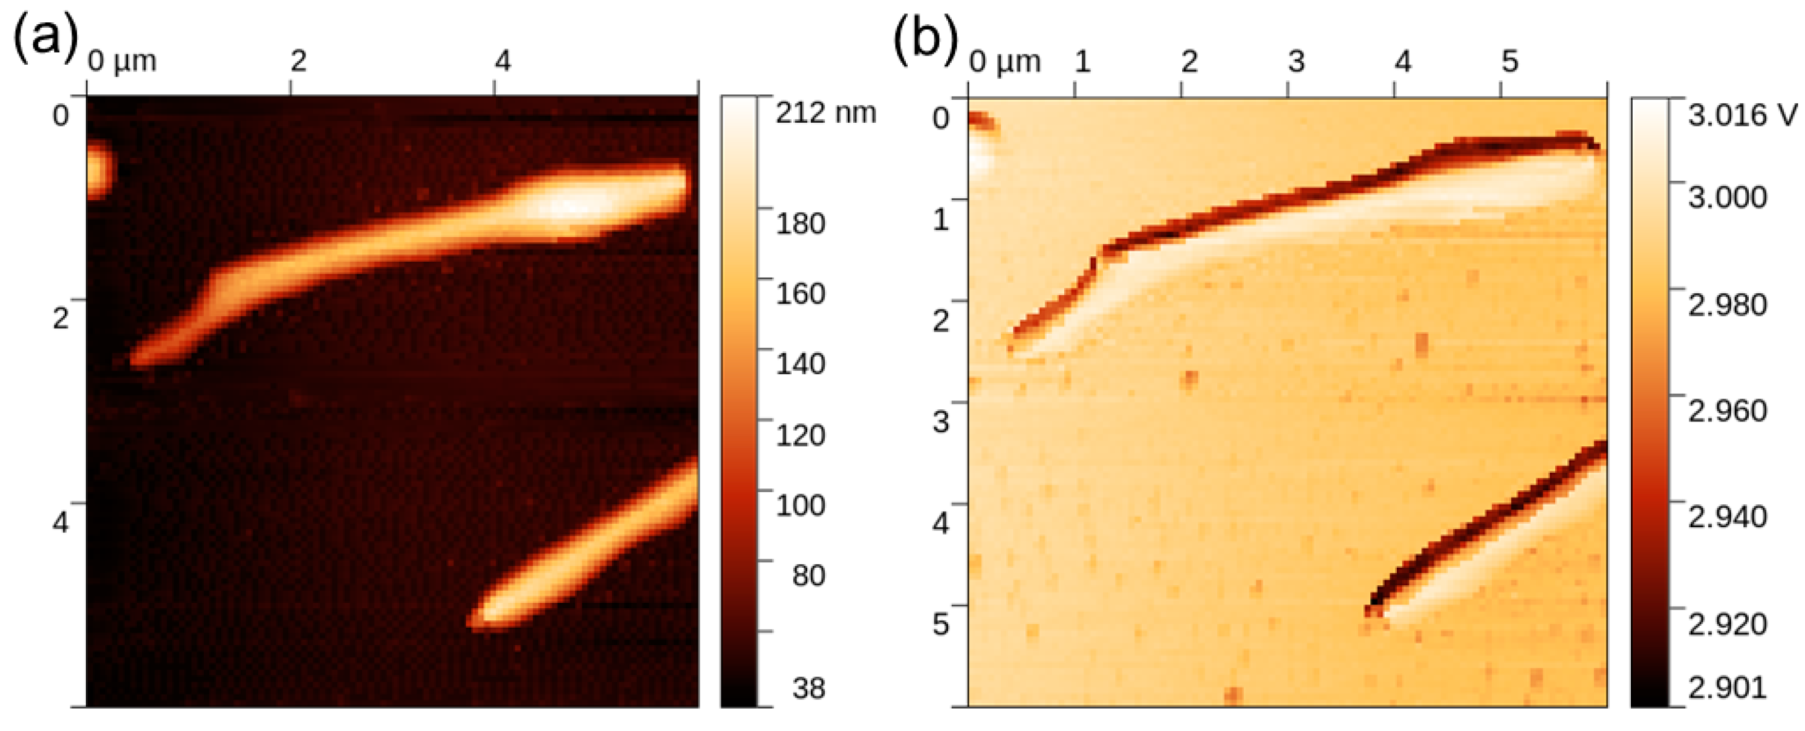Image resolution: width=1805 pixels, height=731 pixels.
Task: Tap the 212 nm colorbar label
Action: coord(825,112)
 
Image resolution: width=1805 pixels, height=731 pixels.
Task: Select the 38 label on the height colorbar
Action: coord(808,688)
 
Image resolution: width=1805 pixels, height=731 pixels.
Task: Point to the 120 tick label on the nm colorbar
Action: coord(800,435)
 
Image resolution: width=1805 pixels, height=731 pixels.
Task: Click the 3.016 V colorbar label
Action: coord(1742,114)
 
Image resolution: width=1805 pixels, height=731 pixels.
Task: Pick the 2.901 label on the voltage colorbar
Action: coord(1727,687)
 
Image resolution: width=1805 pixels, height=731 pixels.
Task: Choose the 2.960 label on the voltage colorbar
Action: coord(1727,411)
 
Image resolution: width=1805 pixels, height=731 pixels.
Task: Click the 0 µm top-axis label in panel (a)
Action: coord(121,62)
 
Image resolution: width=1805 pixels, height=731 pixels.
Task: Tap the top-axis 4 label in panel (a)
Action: coord(502,62)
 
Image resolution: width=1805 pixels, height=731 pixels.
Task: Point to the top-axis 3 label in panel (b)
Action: coord(1296,62)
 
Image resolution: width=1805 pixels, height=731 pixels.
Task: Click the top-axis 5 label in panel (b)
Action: coord(1509,62)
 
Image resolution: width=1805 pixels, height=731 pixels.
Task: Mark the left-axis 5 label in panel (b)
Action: coord(940,623)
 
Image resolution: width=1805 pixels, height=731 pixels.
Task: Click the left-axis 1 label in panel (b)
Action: coord(940,219)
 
